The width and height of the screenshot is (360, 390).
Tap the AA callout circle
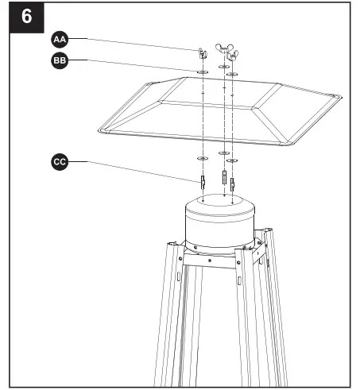pos(59,39)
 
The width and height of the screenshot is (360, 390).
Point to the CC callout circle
pos(59,161)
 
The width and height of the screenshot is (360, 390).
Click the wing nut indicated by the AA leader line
pos(203,54)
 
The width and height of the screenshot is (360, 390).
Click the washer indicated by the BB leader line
pos(203,71)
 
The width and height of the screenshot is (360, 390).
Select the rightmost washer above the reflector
pos(232,75)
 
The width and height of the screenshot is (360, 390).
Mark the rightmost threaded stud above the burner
pos(232,183)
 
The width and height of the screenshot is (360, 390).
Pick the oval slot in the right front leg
pos(238,282)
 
